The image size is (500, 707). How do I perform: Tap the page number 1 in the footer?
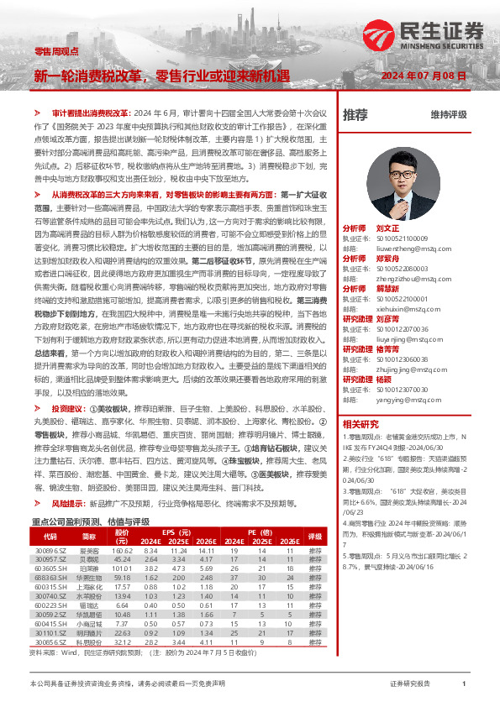pyautogui.click(x=464, y=684)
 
